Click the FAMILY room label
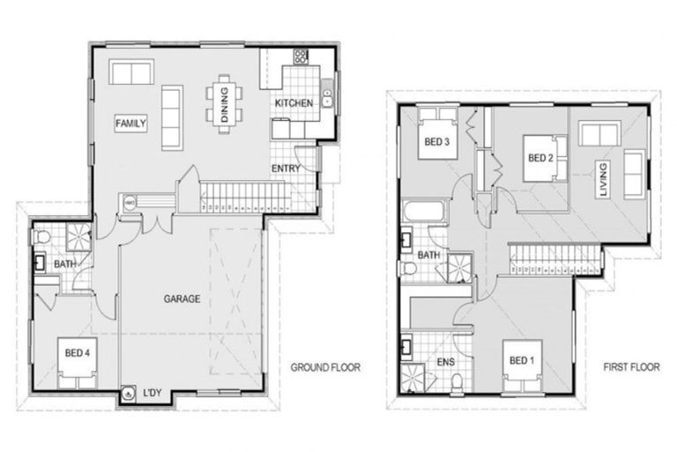coord(130,124)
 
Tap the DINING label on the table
coord(224,104)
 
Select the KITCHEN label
coord(293,103)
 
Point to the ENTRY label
coord(286,169)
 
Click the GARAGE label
coord(182,298)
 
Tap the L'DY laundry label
coord(152,395)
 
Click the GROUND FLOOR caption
coord(325,367)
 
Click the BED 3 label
coord(437,143)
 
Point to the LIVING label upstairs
coord(603,180)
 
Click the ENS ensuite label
coord(445,363)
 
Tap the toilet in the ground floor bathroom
coord(41,237)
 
